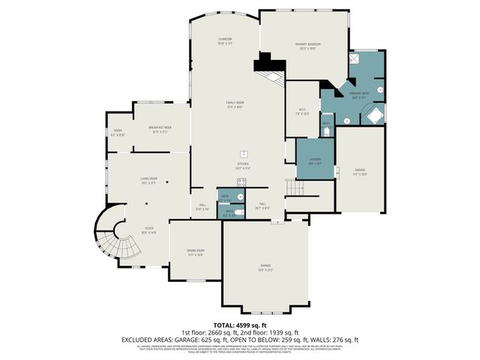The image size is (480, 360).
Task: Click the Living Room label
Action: [x=148, y=179]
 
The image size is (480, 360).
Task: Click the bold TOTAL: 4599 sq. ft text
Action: [x=239, y=323]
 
